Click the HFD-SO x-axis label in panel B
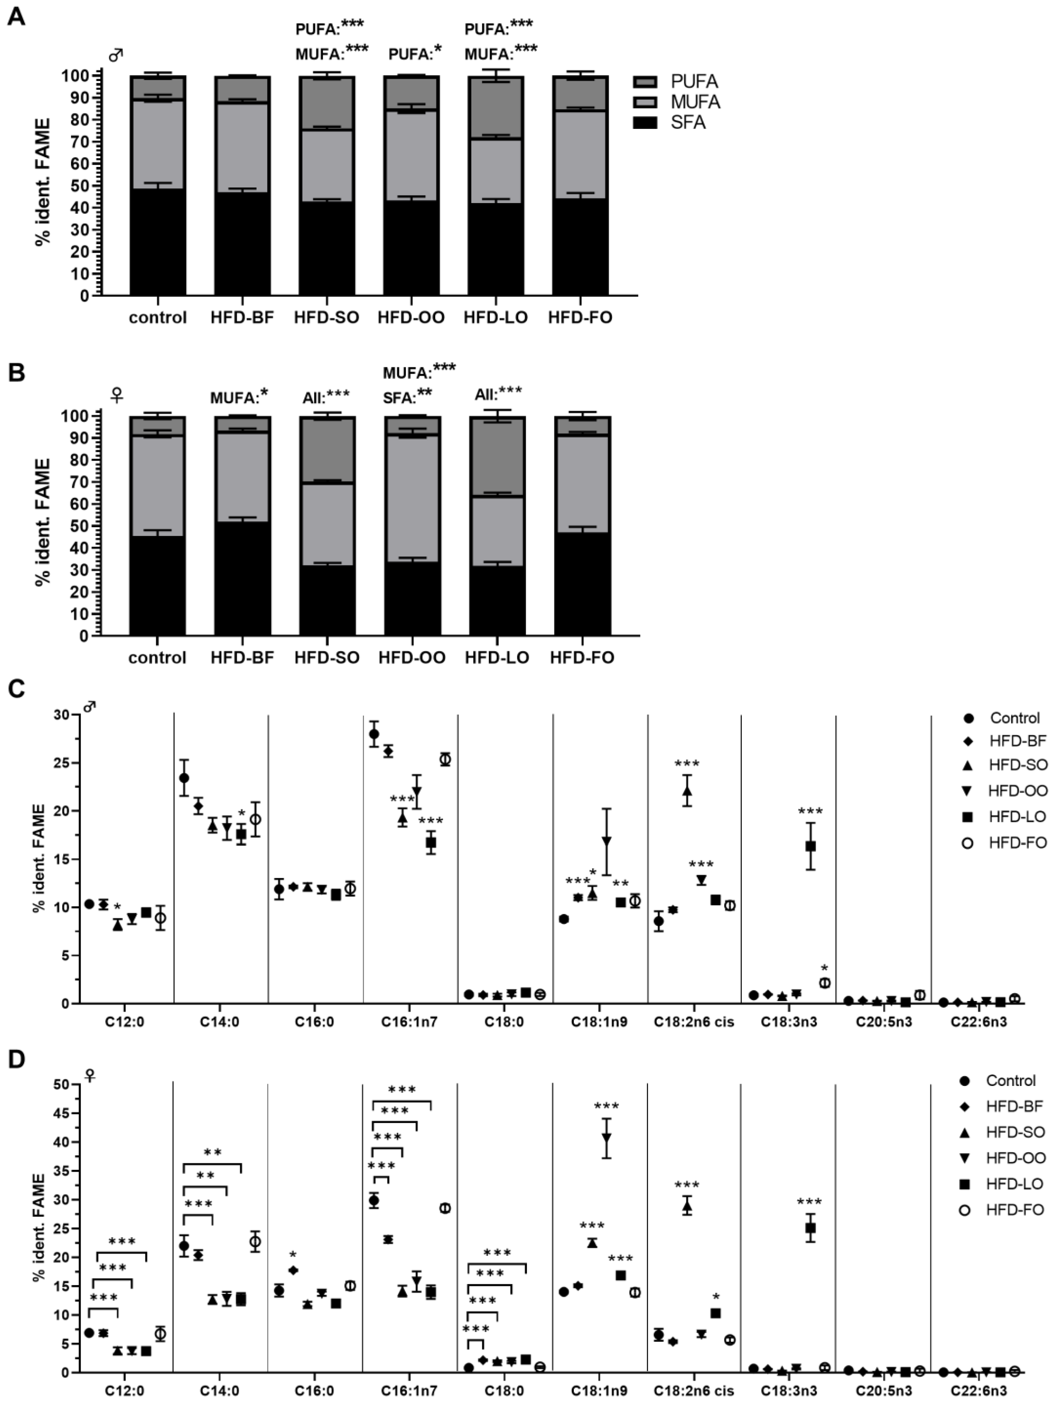(326, 657)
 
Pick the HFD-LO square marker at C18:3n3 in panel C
(810, 846)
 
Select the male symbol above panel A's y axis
(115, 56)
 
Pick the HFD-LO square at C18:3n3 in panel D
(810, 1228)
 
